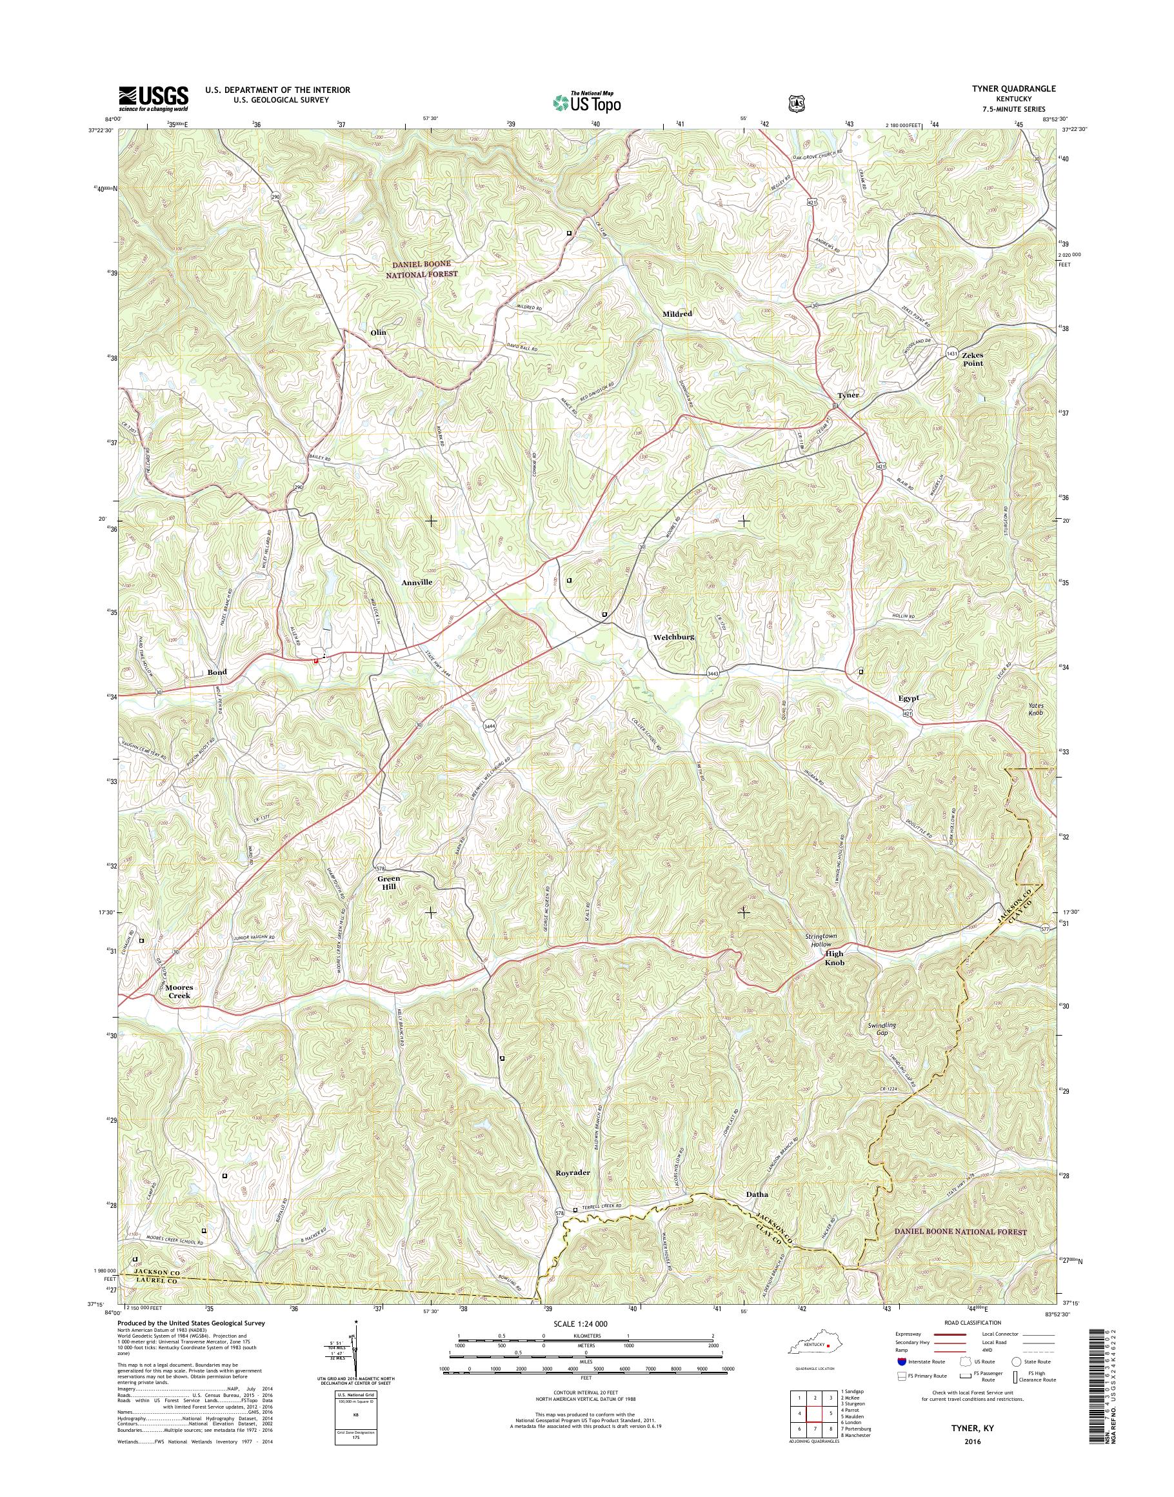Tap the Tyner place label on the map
coord(848,396)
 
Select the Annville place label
coord(417,582)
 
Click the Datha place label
coord(757,1194)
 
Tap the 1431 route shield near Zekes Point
coord(951,353)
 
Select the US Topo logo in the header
coord(586,103)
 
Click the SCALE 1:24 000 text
coord(586,1323)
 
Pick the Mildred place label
coord(677,314)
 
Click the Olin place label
coord(378,332)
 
